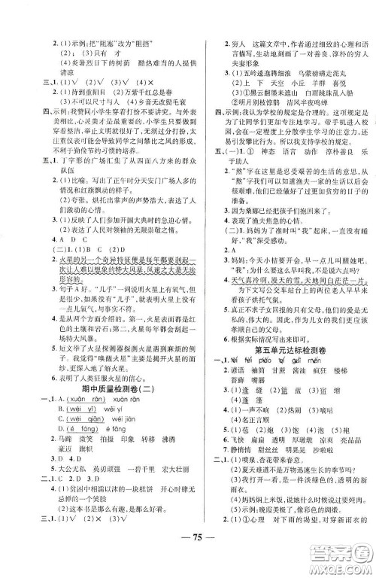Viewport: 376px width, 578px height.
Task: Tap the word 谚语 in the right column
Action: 241,359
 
